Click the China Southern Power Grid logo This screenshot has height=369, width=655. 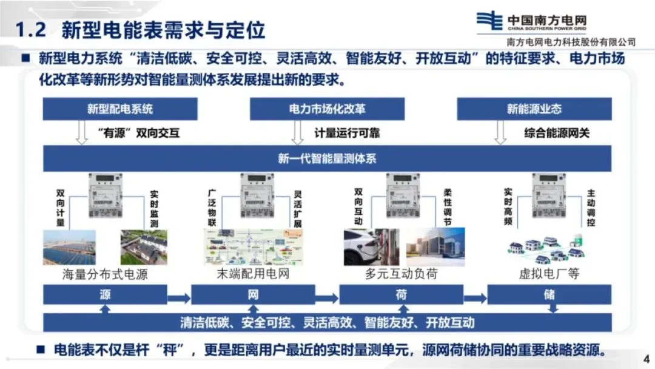[489, 22]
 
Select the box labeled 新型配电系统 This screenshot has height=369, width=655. [120, 109]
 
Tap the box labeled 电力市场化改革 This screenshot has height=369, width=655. [327, 109]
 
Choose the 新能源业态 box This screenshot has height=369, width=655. [534, 109]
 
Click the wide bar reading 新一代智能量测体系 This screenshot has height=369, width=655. [327, 159]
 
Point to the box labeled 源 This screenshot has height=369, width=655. [105, 295]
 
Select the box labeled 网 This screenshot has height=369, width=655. [253, 295]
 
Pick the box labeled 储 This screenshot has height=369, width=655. [549, 295]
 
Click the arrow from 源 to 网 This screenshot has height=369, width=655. [179, 298]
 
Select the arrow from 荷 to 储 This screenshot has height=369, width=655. [475, 298]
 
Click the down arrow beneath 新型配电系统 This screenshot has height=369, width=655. [82, 132]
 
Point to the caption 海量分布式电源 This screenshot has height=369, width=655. [105, 274]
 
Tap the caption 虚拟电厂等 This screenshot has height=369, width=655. [549, 274]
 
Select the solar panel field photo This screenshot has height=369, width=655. [69, 248]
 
